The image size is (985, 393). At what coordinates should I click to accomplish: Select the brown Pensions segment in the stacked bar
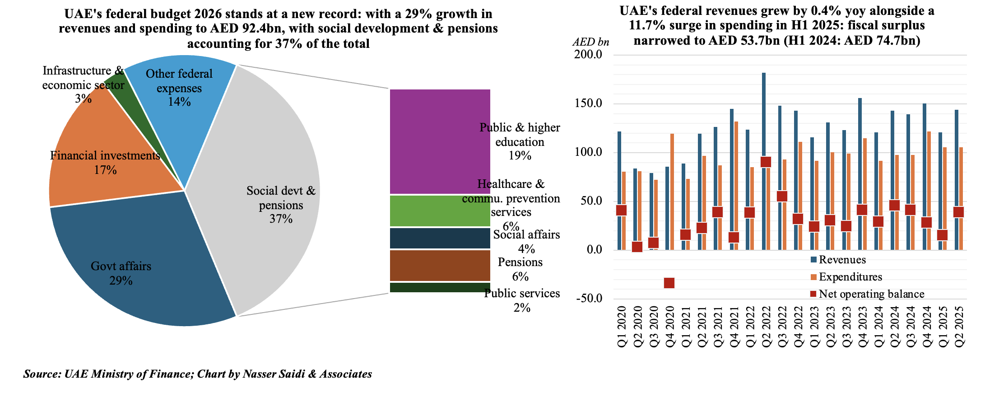pyautogui.click(x=440, y=266)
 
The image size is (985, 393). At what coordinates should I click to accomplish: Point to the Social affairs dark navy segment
pyautogui.click(x=440, y=238)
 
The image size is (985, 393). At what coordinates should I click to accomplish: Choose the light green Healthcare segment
pyautogui.click(x=440, y=211)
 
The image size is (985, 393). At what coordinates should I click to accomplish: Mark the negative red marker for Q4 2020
pyautogui.click(x=669, y=283)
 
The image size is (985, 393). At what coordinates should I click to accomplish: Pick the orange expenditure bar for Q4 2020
pyautogui.click(x=672, y=190)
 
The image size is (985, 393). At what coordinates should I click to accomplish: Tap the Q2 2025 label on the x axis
pyautogui.click(x=959, y=326)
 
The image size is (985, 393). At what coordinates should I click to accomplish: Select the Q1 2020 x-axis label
pyautogui.click(x=622, y=326)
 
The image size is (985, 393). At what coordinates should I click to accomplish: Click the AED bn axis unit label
pyautogui.click(x=590, y=42)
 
